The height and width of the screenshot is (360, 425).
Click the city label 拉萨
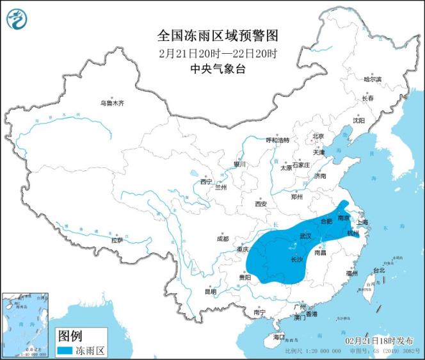pyautogui.click(x=116, y=240)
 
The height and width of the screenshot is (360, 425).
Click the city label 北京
pyautogui.click(x=318, y=136)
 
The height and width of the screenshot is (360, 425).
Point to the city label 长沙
pyautogui.click(x=296, y=259)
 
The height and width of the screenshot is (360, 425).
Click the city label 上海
pyautogui.click(x=363, y=222)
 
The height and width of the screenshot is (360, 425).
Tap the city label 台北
pyautogui.click(x=380, y=270)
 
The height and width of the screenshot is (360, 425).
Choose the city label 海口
pyautogui.click(x=278, y=336)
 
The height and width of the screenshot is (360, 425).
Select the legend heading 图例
pyautogui.click(x=70, y=335)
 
